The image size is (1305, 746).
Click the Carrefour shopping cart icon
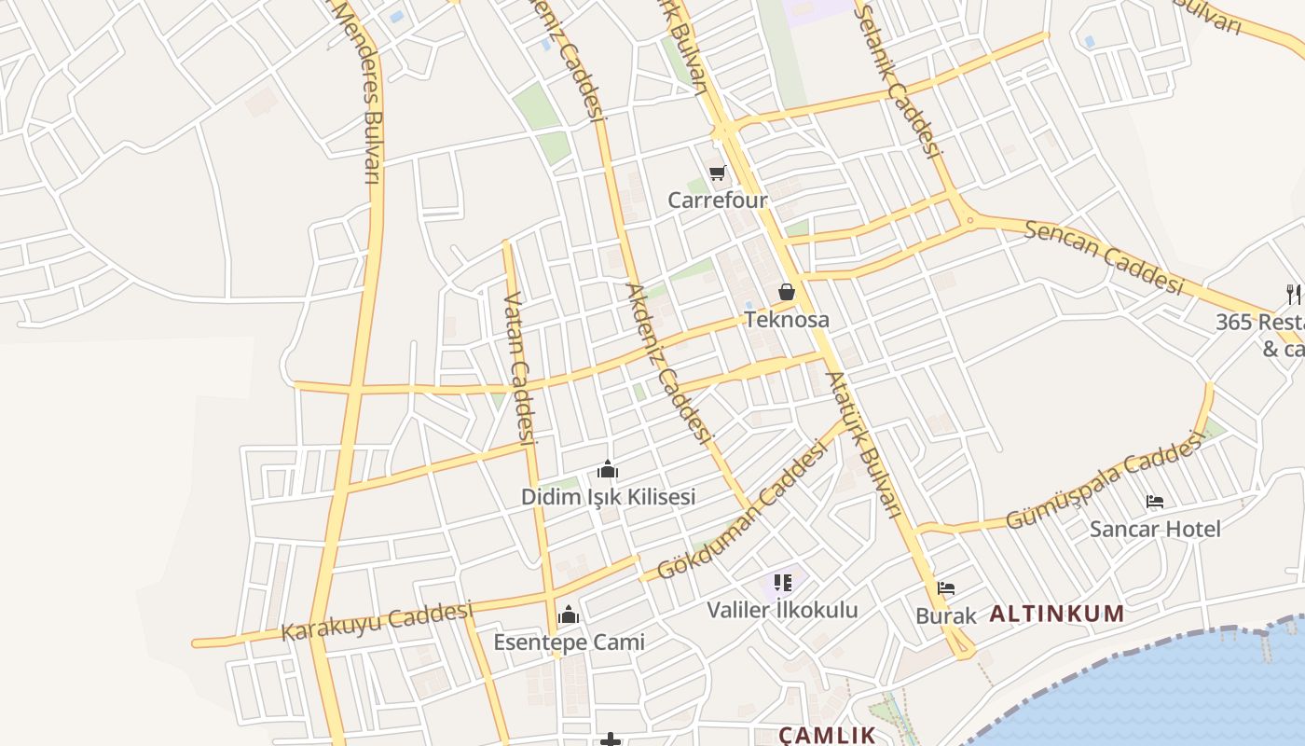point(717,173)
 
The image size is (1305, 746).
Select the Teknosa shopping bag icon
point(787,292)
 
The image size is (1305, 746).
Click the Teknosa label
point(787,320)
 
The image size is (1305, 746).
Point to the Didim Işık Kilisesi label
point(608,497)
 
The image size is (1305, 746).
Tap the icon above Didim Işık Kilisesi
point(608,469)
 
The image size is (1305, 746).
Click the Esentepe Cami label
point(569,642)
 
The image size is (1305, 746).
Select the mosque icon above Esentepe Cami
point(569,615)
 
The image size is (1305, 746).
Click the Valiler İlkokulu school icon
point(782,584)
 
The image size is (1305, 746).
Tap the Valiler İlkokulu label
point(782,611)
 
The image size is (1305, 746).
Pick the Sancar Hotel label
point(1155,530)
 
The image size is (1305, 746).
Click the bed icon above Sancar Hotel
point(1155,502)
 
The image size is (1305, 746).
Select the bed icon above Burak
point(946,588)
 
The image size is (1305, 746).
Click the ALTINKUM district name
point(1056,615)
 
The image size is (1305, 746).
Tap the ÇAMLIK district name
point(827,735)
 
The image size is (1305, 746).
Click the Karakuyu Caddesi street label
point(378,621)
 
